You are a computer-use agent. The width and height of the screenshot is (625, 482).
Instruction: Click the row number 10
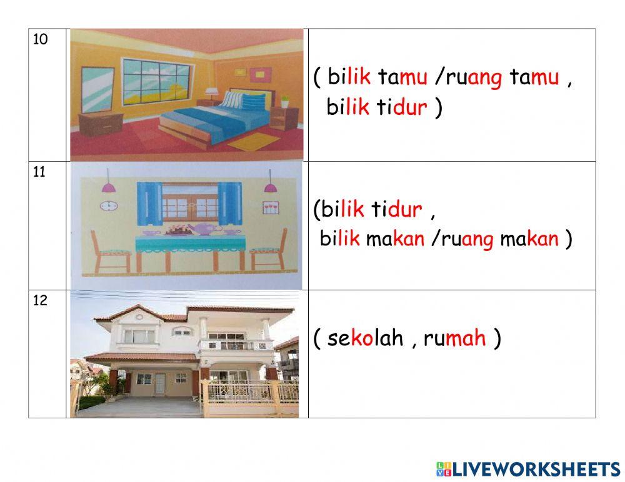(40, 39)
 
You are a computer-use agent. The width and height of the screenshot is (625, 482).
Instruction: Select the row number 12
(40, 300)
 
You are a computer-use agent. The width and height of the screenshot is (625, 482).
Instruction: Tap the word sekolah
(366, 338)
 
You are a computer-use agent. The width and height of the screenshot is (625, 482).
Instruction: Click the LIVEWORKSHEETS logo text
(534, 469)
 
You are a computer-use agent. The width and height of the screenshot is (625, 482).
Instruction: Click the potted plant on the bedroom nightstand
(284, 101)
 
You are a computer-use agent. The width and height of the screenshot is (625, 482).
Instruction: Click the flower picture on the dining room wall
(270, 208)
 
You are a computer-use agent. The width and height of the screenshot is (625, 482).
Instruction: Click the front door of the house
(160, 382)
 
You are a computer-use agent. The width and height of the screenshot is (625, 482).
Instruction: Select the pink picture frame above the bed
(257, 74)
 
